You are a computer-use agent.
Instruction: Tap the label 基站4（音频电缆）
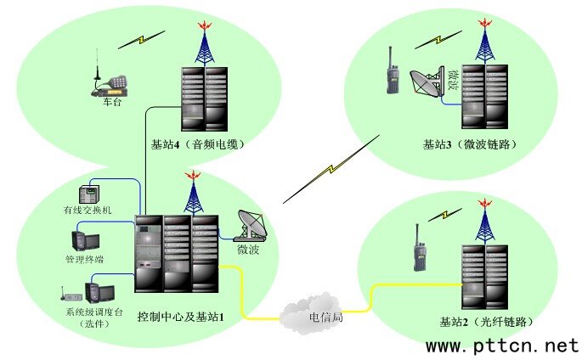197,143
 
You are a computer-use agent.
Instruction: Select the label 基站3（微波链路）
470,144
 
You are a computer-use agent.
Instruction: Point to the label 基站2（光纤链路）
486,322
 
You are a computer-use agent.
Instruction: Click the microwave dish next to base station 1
254,224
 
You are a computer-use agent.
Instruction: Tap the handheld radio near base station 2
419,250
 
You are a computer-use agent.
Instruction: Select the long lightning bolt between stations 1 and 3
331,168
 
